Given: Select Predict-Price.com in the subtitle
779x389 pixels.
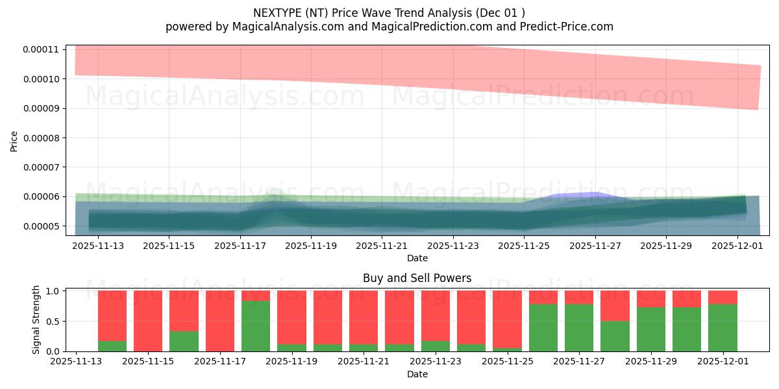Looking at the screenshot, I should tap(563, 27).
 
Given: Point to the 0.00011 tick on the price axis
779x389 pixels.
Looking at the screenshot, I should tap(41, 49).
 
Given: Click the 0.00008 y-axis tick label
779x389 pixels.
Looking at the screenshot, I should tap(41, 138).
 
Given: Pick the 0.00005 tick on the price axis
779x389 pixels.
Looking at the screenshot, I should tap(41, 226).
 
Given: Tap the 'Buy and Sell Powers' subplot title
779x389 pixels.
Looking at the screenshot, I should tap(417, 278).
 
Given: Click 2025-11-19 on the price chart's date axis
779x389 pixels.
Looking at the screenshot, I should tap(311, 246).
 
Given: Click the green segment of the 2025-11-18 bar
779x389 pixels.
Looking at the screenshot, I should tap(256, 326).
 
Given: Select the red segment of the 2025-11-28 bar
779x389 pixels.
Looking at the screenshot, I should tap(615, 305).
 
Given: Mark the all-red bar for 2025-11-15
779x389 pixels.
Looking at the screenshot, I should tap(148, 321).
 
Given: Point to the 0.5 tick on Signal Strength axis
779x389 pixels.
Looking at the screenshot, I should tap(54, 322).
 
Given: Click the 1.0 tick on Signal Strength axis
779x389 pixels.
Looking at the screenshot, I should tap(54, 291).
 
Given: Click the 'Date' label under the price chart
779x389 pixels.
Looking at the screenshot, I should tap(417, 258).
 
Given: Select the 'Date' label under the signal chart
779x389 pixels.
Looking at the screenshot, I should tap(417, 374).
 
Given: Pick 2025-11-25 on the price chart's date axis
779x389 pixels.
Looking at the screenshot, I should tap(525, 246).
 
